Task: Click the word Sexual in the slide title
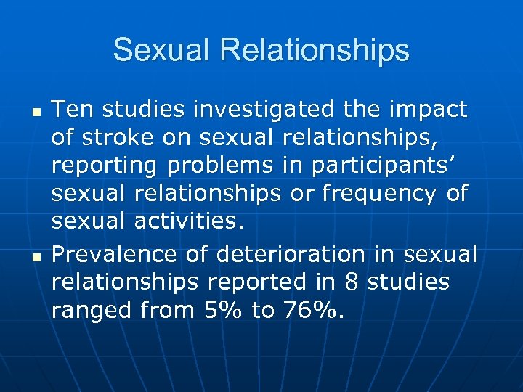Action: point(158,50)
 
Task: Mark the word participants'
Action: point(388,167)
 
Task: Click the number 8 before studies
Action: point(353,283)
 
